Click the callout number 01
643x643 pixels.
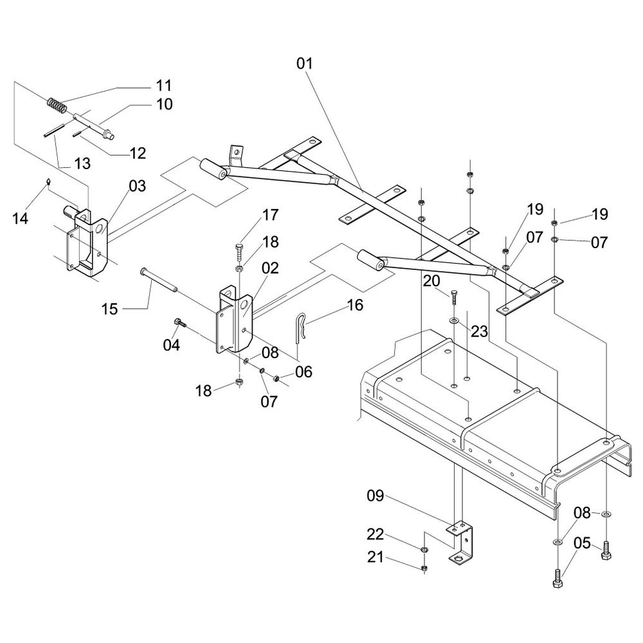pos(304,64)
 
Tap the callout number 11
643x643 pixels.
pos(163,85)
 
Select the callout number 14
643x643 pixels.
pos(20,219)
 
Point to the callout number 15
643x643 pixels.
pos(110,309)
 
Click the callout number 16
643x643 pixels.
pos(354,304)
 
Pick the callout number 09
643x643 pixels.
pos(376,496)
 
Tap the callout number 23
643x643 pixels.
pos(479,332)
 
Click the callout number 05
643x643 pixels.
pos(581,543)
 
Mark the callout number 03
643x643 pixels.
pos(137,186)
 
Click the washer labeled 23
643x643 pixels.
pos(454,320)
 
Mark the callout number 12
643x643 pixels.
pos(137,153)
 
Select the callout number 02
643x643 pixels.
pos(269,268)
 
